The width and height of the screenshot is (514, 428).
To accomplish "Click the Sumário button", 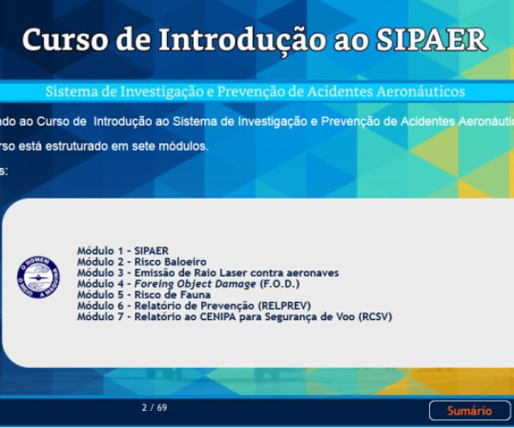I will [x=469, y=411].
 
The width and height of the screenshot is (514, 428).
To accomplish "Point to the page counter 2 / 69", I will [x=154, y=407].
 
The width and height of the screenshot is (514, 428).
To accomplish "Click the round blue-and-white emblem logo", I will [x=39, y=276].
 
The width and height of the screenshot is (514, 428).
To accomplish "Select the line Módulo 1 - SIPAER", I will [x=123, y=251].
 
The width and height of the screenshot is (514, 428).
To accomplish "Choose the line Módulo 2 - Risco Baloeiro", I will [x=141, y=262].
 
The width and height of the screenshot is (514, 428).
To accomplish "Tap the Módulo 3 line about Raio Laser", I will [x=207, y=273].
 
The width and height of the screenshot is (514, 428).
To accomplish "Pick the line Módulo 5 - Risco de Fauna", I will [x=144, y=294].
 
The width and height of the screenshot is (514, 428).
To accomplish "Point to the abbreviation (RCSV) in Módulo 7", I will [x=374, y=317].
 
